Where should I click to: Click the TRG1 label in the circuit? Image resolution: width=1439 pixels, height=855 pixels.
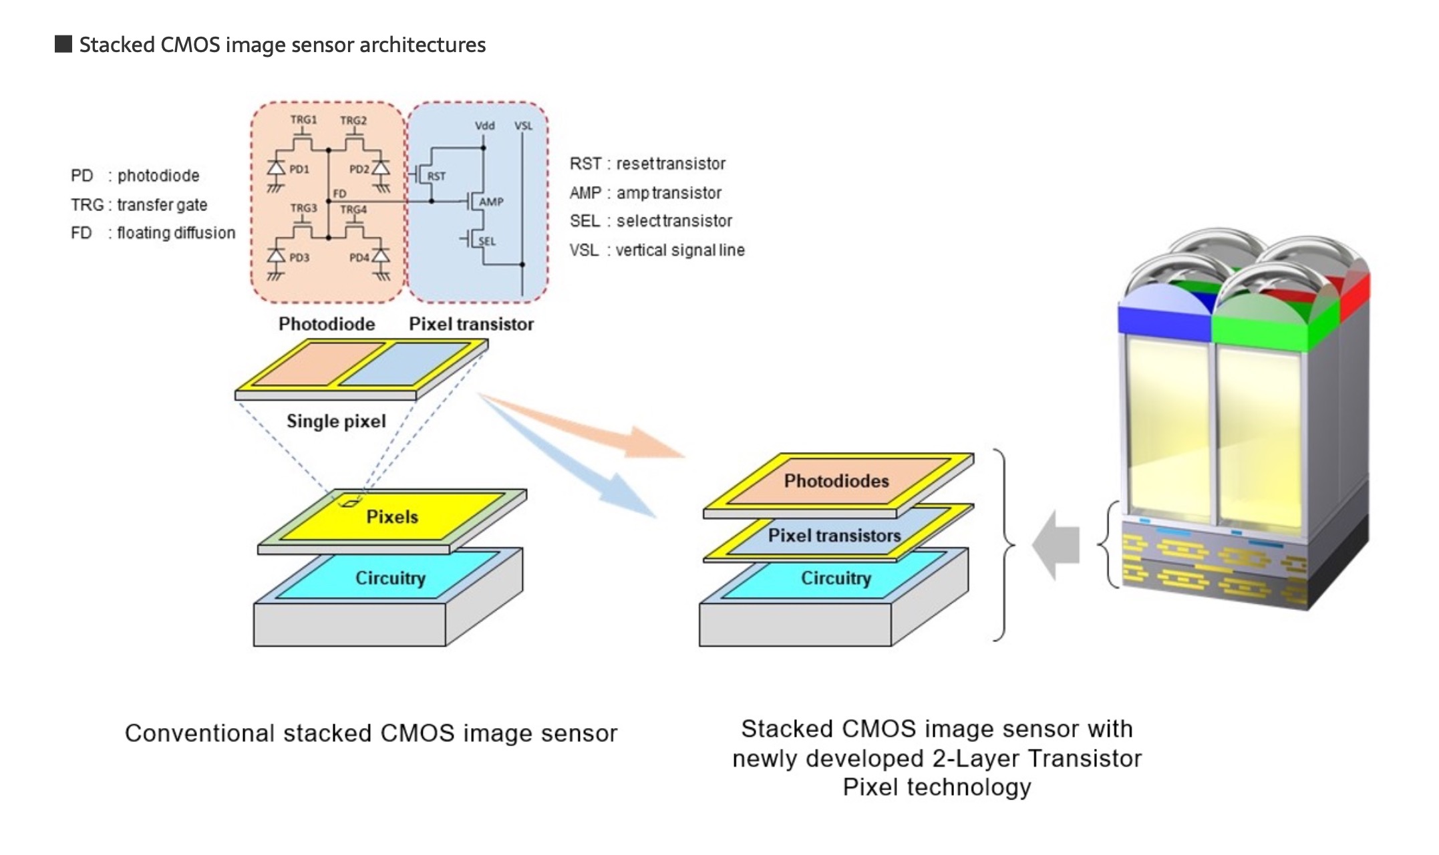tap(303, 120)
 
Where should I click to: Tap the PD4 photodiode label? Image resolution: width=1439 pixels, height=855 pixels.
tap(359, 258)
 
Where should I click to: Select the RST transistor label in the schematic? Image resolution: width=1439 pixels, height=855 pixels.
tap(436, 176)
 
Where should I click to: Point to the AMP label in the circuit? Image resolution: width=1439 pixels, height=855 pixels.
tap(491, 202)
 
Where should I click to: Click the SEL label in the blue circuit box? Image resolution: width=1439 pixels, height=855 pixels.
tap(487, 241)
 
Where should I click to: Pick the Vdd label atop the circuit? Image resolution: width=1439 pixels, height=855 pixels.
tap(484, 126)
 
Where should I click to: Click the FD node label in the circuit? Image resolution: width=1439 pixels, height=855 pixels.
tap(339, 194)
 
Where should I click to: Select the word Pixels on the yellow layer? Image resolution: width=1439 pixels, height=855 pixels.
tap(392, 517)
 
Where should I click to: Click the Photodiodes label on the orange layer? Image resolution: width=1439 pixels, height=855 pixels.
tap(836, 481)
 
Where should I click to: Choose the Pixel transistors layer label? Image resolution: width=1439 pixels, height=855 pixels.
tap(834, 536)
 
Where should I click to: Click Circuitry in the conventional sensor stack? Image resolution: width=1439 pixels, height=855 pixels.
tap(390, 578)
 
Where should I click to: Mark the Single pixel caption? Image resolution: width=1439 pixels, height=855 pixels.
tap(336, 421)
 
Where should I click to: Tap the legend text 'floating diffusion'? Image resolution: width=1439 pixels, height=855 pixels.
tap(176, 233)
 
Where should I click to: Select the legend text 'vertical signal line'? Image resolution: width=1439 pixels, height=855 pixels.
tap(680, 250)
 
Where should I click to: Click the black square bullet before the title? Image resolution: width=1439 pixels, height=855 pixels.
tap(63, 45)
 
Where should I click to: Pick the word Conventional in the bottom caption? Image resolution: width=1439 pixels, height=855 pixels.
tap(199, 733)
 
